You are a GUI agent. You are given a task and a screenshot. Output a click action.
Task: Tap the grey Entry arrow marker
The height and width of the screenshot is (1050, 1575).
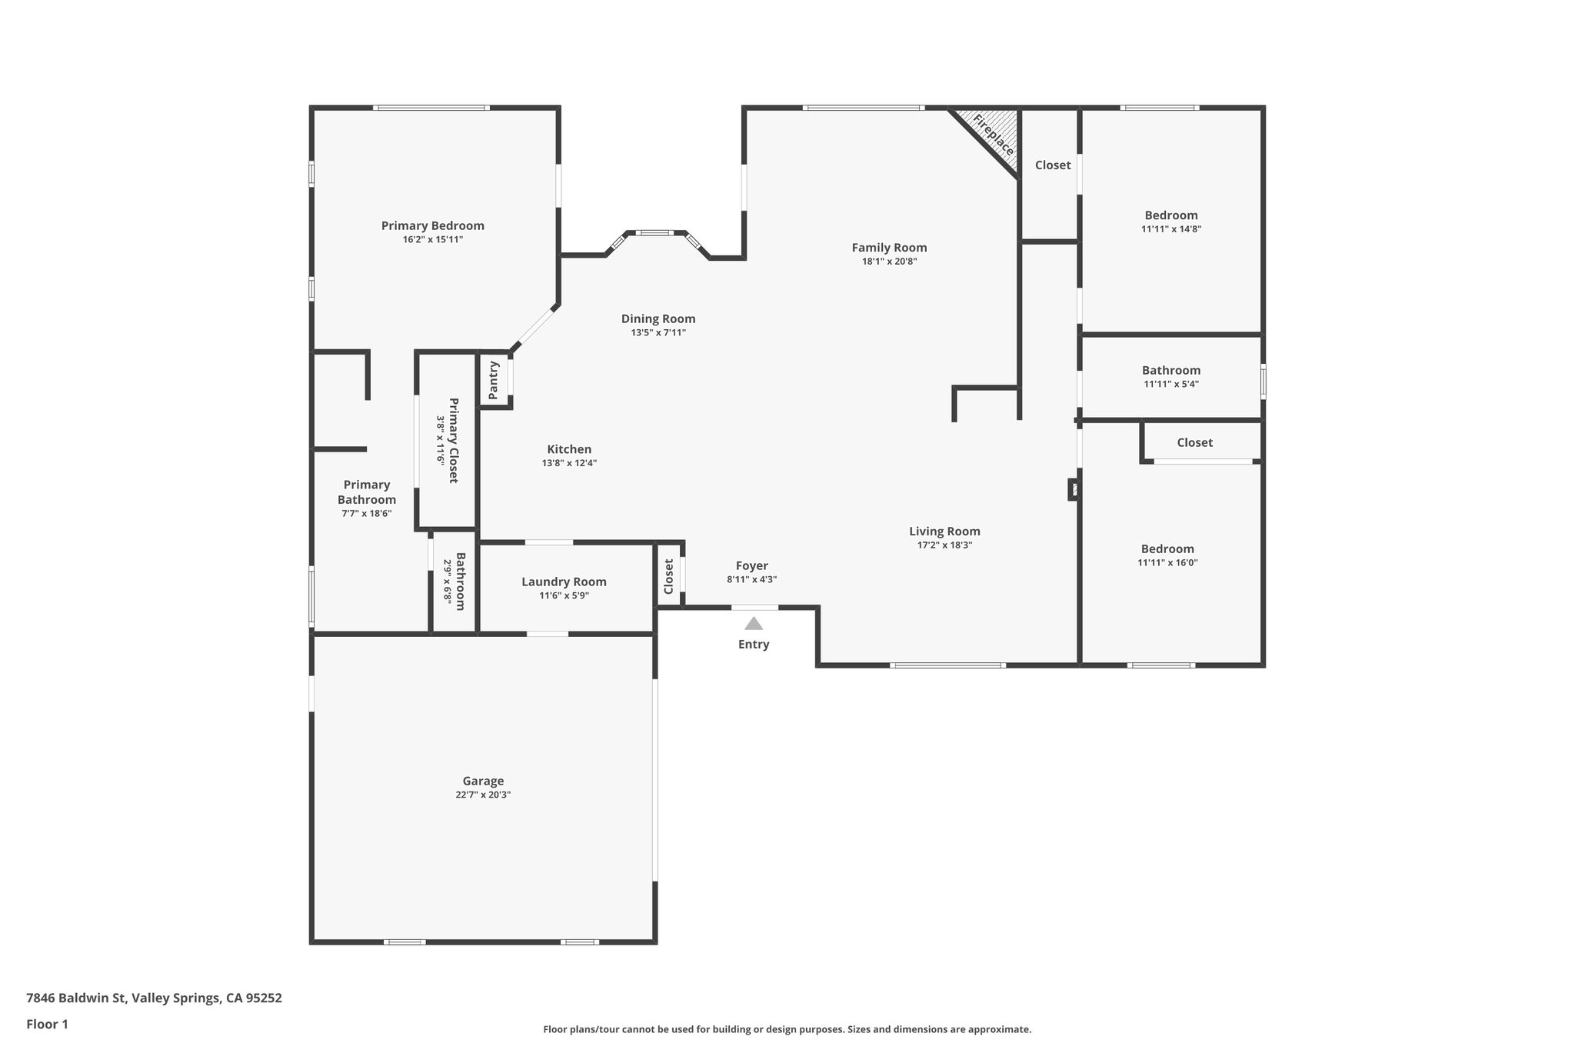pos(754,624)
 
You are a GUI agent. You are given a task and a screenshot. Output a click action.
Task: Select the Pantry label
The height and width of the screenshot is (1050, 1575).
pos(494,380)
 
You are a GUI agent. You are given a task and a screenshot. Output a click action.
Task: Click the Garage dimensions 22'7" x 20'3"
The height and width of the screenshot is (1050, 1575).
pos(483,795)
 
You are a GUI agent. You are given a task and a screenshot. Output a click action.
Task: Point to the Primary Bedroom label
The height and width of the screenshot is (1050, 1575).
pos(433,225)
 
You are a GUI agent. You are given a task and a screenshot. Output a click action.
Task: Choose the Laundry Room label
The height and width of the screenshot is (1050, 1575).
pos(564,582)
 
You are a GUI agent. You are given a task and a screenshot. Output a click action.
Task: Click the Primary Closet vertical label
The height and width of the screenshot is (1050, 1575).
pos(453,440)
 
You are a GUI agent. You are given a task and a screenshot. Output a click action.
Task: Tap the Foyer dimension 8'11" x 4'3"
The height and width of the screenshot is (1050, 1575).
pos(751,580)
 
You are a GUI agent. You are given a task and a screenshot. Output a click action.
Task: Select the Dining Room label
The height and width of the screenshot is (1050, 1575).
pos(658,318)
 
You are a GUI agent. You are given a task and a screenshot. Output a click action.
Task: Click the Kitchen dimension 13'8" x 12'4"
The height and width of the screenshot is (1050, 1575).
pos(569,463)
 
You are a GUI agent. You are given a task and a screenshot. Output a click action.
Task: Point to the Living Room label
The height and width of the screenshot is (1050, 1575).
pos(944,531)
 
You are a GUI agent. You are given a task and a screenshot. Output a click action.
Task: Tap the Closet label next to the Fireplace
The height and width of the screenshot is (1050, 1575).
pos(1052,165)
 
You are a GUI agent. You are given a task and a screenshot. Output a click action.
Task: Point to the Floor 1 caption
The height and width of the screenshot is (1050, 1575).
pos(47,1024)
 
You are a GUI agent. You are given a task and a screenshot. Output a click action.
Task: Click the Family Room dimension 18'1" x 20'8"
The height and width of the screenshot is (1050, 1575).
pos(889,262)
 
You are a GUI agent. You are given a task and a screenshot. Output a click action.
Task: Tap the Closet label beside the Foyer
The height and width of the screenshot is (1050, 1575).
pos(668,576)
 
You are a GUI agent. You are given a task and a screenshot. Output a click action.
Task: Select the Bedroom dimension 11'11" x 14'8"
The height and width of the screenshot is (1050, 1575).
pos(1170,229)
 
